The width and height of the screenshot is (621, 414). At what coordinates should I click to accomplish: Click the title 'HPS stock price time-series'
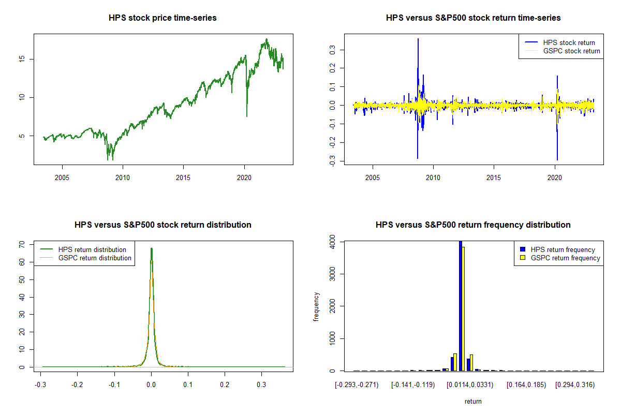click(x=162, y=18)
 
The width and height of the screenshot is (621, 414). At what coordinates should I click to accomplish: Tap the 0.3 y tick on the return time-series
click(x=327, y=49)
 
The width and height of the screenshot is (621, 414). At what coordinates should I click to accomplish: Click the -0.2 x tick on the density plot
click(x=77, y=385)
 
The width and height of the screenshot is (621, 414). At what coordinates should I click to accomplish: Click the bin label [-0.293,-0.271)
click(x=357, y=385)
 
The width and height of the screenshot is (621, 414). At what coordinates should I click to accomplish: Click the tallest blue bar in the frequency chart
click(x=460, y=305)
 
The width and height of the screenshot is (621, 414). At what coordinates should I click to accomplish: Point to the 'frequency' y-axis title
click(x=317, y=306)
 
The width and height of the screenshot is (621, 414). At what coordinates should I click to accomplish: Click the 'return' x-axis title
click(x=473, y=401)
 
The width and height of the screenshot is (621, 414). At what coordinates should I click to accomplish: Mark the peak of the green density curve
click(x=151, y=248)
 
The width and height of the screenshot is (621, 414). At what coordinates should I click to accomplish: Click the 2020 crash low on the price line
click(x=246, y=116)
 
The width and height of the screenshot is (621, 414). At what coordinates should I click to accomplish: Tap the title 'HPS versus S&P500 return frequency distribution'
click(x=473, y=225)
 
